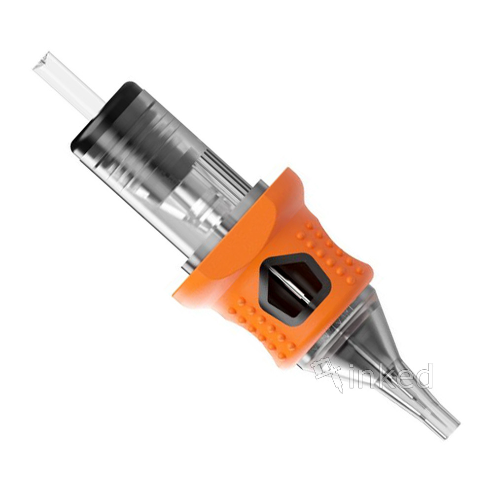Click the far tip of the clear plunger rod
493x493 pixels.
(40, 60)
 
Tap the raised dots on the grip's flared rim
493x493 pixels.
(261, 327)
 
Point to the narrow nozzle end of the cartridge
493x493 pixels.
(437, 409)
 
